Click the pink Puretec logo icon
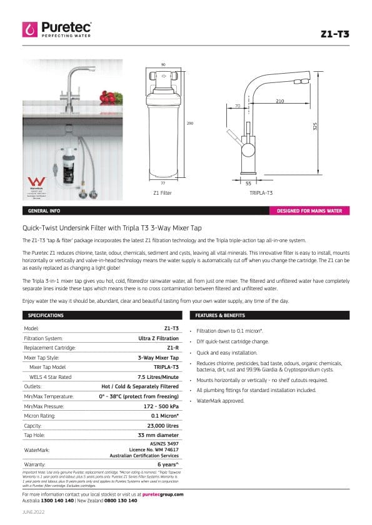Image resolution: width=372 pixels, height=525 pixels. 30,28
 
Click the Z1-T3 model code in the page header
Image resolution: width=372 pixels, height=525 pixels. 337,34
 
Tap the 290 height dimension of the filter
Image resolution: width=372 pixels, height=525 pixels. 190,124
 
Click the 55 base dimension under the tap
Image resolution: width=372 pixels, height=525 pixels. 248,184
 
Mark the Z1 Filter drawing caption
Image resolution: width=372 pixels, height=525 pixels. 162,194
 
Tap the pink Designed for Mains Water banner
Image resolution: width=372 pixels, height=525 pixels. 309,211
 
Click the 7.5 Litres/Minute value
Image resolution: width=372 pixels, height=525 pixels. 159,377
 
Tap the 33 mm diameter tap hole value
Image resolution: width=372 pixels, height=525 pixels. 158,435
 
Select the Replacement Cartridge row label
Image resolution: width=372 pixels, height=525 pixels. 49,348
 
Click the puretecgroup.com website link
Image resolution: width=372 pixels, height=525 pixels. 163,494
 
